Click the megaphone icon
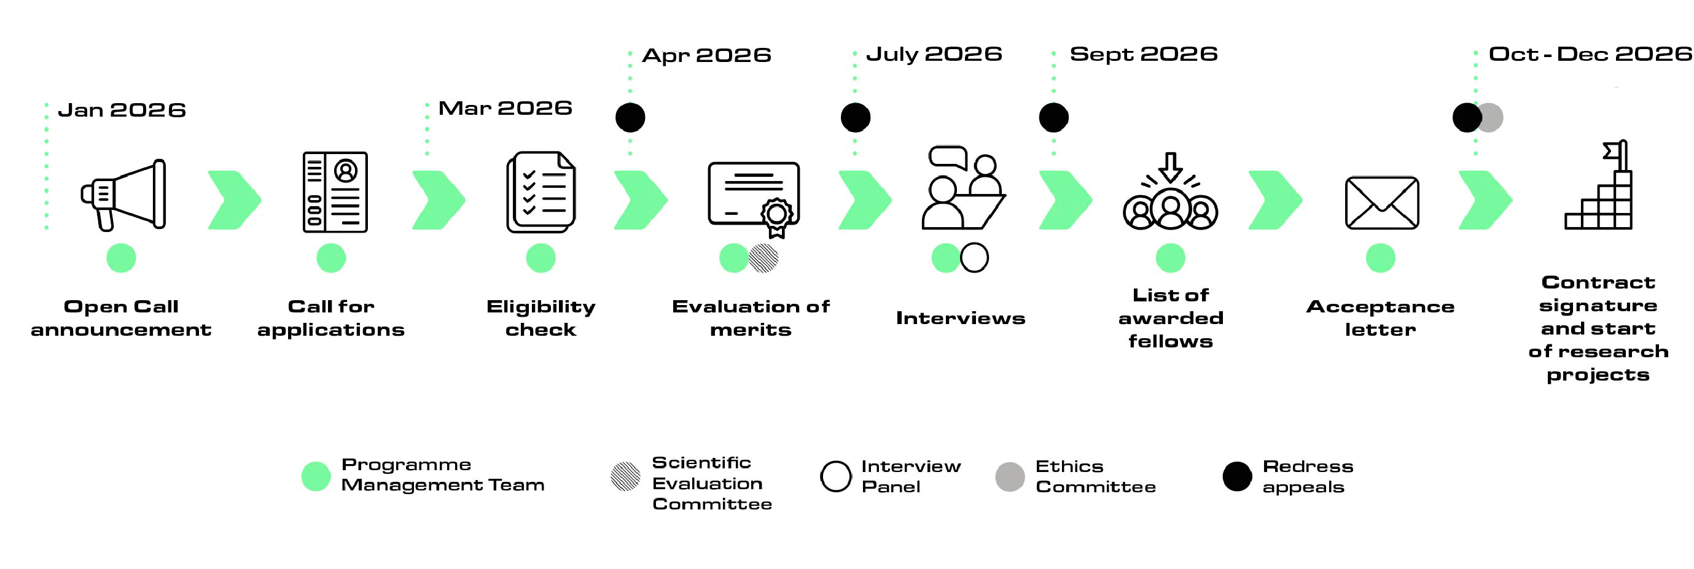(x=123, y=195)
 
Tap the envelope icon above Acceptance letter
(x=1381, y=203)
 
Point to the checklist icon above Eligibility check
(x=541, y=192)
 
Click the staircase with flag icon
(x=1599, y=185)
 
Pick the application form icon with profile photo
(x=335, y=192)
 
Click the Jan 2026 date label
(x=122, y=110)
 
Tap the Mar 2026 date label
(x=505, y=108)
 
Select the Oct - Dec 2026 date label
(x=1590, y=54)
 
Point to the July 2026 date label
(x=934, y=54)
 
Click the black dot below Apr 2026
(x=630, y=118)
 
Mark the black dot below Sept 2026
(x=1053, y=118)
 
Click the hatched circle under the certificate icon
(x=763, y=258)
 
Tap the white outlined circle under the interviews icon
(x=974, y=258)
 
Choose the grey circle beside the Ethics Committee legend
(x=1010, y=476)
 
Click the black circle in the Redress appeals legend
(x=1237, y=476)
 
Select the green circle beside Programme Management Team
(x=316, y=476)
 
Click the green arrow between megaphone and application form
(x=235, y=199)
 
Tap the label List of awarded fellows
(x=1171, y=318)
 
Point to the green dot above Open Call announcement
(x=121, y=258)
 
